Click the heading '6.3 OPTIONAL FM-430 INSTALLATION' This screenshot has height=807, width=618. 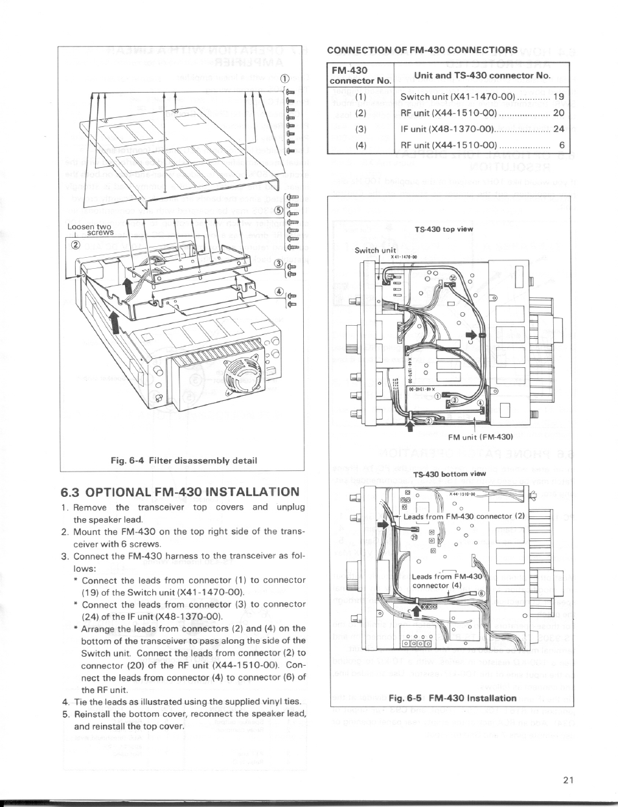(180, 492)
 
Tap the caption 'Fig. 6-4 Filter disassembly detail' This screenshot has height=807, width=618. (184, 460)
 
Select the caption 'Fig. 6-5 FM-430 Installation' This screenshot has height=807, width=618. (452, 698)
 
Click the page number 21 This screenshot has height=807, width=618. (568, 780)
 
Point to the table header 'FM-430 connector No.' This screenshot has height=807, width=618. (361, 75)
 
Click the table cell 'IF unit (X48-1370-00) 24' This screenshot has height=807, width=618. (482, 129)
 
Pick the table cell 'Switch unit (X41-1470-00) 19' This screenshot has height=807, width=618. (482, 97)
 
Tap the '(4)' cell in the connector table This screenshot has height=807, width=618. (361, 145)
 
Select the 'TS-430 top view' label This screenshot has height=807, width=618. (444, 229)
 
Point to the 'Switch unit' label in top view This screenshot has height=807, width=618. (375, 250)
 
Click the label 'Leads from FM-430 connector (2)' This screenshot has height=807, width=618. (463, 516)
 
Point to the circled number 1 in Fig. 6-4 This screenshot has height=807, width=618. (283, 79)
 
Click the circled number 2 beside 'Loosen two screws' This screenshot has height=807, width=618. (75, 245)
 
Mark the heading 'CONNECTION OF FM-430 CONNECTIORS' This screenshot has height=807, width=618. (422, 50)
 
